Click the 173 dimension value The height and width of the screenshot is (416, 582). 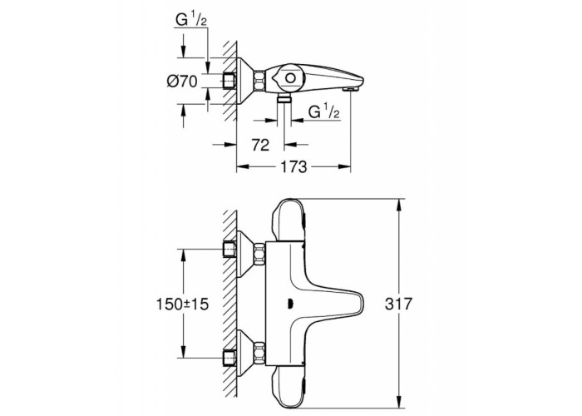point(293,166)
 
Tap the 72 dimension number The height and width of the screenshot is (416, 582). point(260,145)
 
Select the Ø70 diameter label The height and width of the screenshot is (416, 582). point(182,81)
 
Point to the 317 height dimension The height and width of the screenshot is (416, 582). point(398,304)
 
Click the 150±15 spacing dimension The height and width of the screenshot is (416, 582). point(182,305)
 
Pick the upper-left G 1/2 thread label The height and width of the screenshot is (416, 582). point(190,20)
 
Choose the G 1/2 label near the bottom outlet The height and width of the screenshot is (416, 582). point(324,111)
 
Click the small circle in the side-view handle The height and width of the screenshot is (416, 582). point(291,79)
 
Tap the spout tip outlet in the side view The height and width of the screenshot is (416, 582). point(351,89)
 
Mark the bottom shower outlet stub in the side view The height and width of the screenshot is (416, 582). point(284,99)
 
